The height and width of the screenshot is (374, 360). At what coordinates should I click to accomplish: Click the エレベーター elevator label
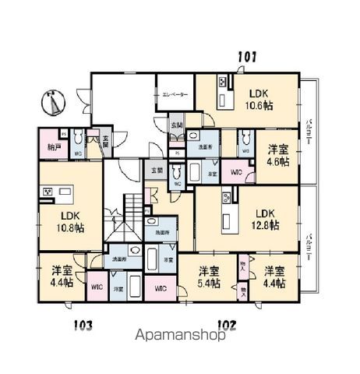point(175,94)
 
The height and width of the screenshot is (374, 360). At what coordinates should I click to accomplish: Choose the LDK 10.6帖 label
point(259,95)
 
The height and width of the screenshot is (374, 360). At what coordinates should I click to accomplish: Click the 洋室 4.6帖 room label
point(278,154)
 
